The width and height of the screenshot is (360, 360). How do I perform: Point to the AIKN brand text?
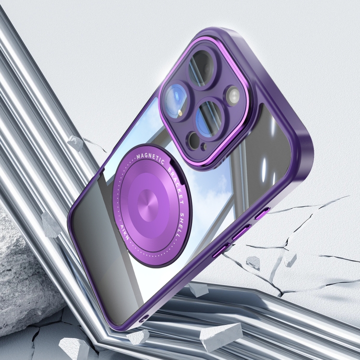click(x=124, y=232)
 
